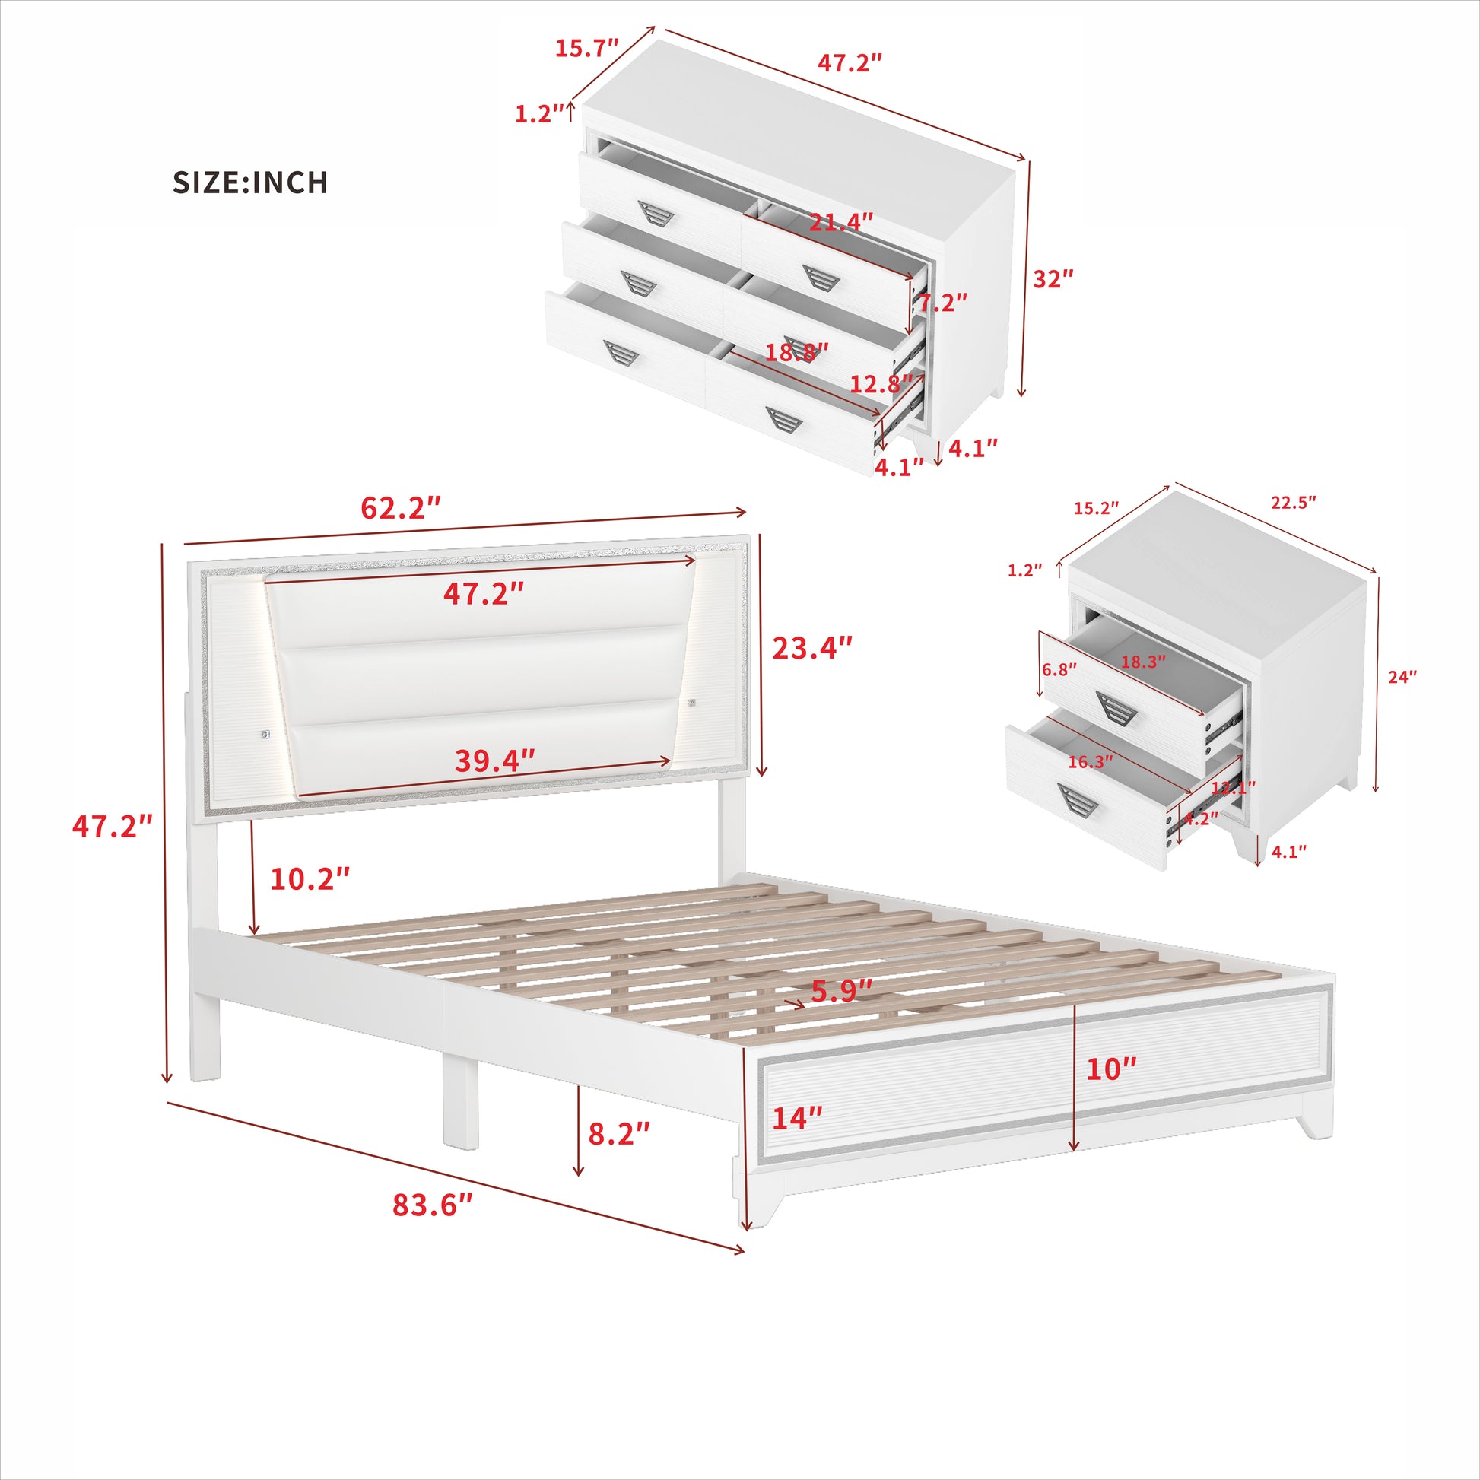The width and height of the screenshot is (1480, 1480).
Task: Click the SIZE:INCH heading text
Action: [x=250, y=183]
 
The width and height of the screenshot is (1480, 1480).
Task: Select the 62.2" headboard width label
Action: [x=401, y=508]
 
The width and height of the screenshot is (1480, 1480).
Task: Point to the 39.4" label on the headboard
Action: [x=495, y=761]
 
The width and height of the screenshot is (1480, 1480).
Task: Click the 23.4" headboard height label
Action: [x=811, y=648]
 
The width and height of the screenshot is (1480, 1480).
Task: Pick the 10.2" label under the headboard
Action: [x=310, y=879]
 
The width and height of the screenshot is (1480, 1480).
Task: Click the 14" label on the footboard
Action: [x=797, y=1119]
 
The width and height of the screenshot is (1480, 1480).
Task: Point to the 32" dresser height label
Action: [x=1053, y=279]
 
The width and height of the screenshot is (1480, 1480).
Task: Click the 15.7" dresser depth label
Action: [x=586, y=48]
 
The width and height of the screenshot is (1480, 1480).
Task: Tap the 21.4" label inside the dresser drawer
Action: [x=841, y=222]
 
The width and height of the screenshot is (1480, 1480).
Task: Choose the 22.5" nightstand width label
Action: [x=1293, y=503]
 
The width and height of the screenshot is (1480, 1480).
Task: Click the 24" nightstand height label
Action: [x=1402, y=676]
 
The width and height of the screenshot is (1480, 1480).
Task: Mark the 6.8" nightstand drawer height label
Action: [x=1059, y=669]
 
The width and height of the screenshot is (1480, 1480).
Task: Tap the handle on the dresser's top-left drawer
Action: [x=656, y=214]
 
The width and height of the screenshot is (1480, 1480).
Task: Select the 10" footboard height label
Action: [x=1111, y=1069]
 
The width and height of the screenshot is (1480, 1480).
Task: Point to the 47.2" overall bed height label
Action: [x=112, y=827]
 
